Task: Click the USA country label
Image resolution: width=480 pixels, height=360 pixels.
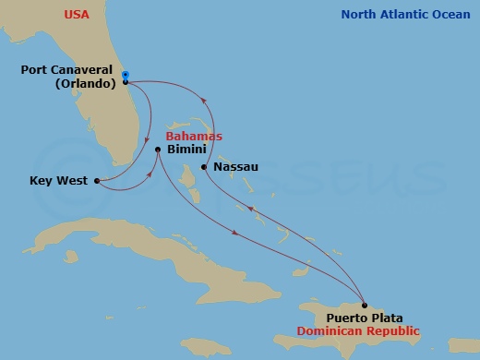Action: (x=78, y=14)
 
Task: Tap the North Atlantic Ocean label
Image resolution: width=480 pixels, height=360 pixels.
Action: (x=405, y=14)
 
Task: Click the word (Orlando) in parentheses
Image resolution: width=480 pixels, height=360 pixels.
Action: (x=79, y=83)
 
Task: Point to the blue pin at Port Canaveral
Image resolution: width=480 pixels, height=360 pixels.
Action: (x=126, y=76)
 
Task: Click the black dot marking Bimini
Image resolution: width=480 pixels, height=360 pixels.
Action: (x=159, y=150)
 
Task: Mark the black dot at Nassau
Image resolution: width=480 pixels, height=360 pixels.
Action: (x=204, y=167)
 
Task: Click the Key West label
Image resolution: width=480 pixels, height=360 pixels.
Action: (x=59, y=181)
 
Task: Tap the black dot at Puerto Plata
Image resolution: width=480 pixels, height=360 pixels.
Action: (x=365, y=306)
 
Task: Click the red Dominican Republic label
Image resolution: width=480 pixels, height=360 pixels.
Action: (x=365, y=331)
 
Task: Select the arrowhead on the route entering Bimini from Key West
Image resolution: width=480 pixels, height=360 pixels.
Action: (x=147, y=174)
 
